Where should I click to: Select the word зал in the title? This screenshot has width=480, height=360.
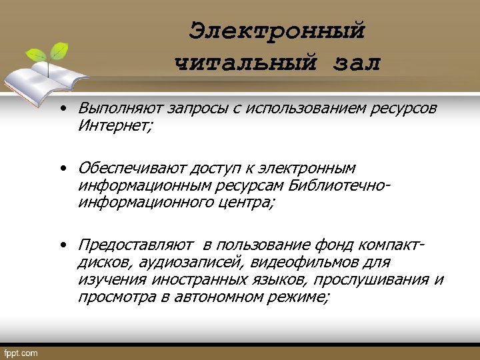pyautogui.click(x=355, y=63)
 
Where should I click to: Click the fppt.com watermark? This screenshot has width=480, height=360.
pyautogui.click(x=21, y=352)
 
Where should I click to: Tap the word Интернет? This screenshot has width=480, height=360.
pyautogui.click(x=113, y=125)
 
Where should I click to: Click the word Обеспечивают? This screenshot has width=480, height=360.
pyautogui.click(x=131, y=168)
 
